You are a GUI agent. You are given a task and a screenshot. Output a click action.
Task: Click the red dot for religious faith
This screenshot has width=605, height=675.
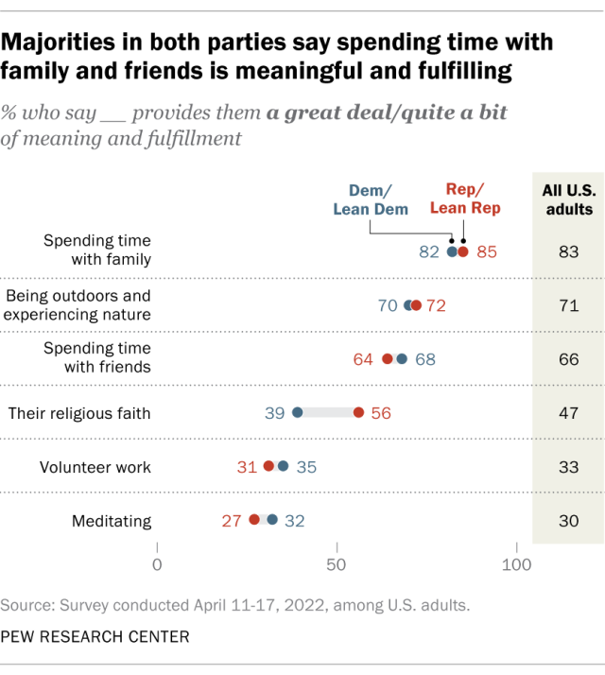click(358, 412)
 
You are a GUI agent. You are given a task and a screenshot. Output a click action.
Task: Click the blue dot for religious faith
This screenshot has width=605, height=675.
click(297, 412)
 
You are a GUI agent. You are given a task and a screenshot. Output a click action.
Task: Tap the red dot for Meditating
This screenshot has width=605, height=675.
click(254, 519)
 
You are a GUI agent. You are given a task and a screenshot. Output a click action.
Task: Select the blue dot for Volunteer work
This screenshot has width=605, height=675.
click(283, 466)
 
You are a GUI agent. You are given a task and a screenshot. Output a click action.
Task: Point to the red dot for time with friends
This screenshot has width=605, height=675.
click(387, 359)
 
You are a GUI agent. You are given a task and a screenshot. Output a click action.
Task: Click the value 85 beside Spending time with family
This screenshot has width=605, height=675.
click(486, 251)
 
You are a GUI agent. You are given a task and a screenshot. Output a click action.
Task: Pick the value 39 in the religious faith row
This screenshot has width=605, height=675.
click(275, 412)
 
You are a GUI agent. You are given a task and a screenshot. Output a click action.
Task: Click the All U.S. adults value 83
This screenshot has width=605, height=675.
click(567, 251)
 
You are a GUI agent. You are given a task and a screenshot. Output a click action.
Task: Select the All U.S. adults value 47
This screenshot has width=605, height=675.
click(567, 412)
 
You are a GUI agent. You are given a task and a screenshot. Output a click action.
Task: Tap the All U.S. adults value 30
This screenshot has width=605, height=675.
click(567, 519)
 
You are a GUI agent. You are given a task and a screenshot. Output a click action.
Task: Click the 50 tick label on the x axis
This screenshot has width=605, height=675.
click(337, 565)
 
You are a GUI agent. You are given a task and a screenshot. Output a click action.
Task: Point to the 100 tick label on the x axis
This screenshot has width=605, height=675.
click(516, 565)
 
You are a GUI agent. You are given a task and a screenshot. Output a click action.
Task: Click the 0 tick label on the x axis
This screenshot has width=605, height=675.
click(157, 565)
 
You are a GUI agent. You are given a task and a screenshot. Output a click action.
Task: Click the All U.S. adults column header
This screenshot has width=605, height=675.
click(567, 199)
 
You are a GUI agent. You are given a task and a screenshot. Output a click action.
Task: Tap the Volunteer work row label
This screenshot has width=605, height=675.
click(95, 466)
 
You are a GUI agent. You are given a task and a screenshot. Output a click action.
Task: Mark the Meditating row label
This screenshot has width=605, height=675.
click(112, 519)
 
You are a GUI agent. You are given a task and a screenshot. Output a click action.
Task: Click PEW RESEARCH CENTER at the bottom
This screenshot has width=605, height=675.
click(95, 637)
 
